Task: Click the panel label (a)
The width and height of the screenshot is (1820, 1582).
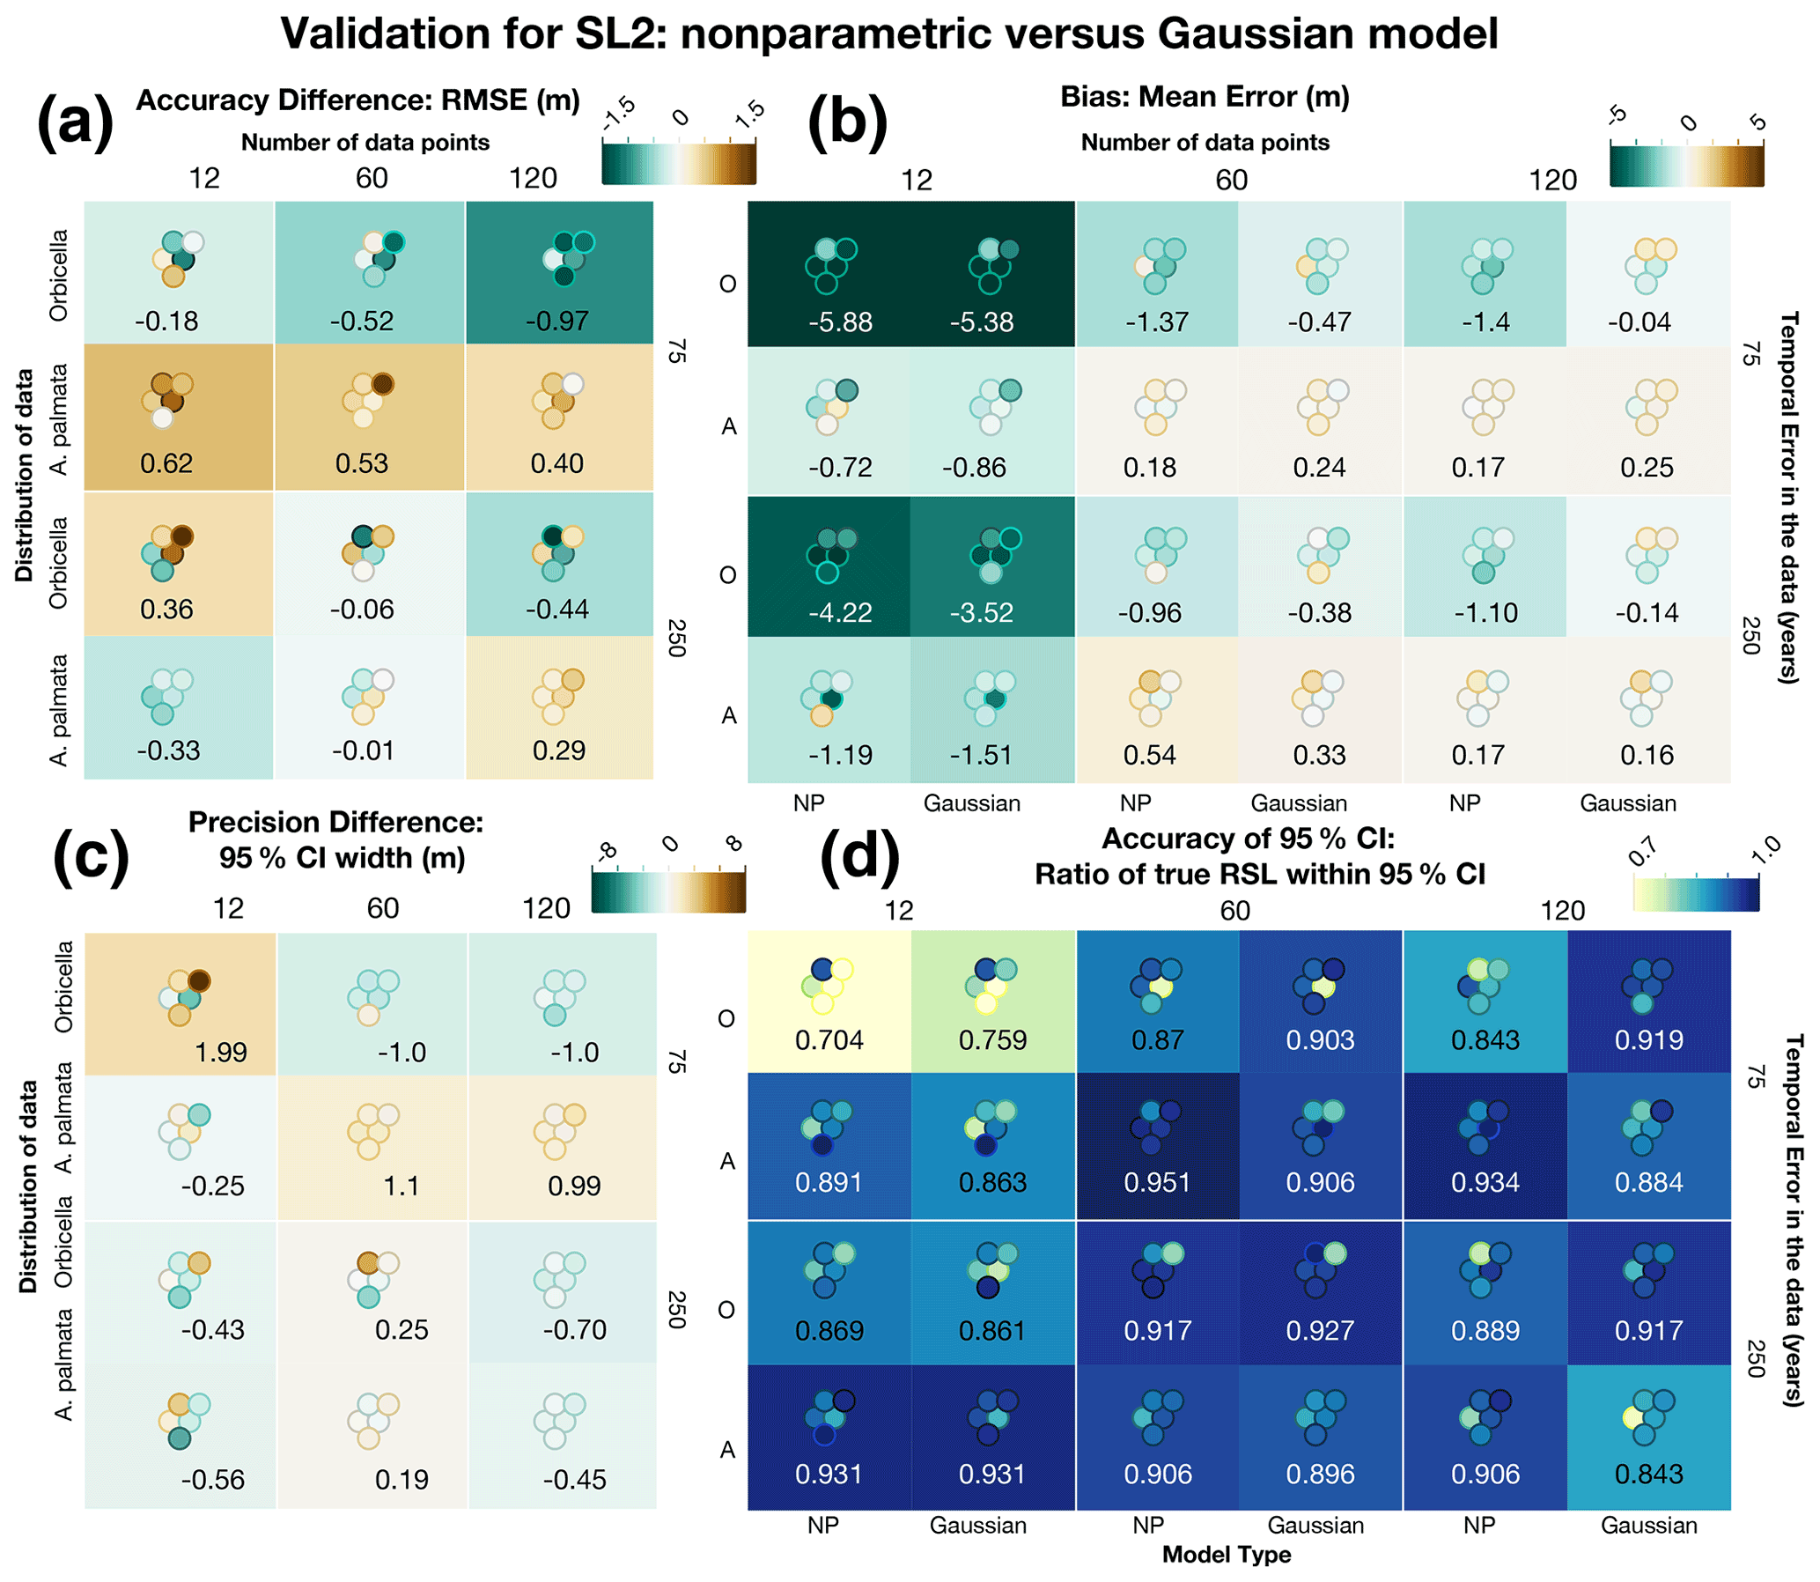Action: [x=75, y=122]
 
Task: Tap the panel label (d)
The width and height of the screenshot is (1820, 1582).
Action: [x=858, y=857]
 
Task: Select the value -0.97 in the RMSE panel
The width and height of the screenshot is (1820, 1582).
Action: [x=558, y=322]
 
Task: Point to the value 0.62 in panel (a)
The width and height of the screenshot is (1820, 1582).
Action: [x=166, y=463]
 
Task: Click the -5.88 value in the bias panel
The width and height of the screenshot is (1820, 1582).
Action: [x=840, y=322]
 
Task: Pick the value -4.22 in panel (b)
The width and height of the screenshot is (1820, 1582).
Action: [x=840, y=613]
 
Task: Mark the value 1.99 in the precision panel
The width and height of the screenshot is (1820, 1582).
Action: [x=221, y=1053]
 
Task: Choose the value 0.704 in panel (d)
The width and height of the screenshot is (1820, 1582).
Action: [x=829, y=1040]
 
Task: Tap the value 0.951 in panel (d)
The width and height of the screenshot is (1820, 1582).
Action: [x=1157, y=1182]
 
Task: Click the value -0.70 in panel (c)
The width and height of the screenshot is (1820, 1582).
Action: [x=575, y=1329]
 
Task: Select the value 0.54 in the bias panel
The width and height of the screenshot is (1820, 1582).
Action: [x=1149, y=755]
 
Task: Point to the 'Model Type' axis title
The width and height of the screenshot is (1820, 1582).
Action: [x=1226, y=1554]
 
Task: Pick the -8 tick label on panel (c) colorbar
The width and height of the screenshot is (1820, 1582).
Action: [x=607, y=851]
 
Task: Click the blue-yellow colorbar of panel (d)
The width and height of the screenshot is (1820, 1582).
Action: [x=1696, y=892]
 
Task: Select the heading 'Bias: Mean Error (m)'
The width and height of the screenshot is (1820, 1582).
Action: [x=1205, y=96]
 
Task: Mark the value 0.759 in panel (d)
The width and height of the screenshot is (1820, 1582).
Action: [x=992, y=1040]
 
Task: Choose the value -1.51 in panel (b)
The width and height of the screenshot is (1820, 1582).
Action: [x=982, y=755]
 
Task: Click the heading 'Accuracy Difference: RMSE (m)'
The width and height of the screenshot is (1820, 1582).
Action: [x=357, y=100]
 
